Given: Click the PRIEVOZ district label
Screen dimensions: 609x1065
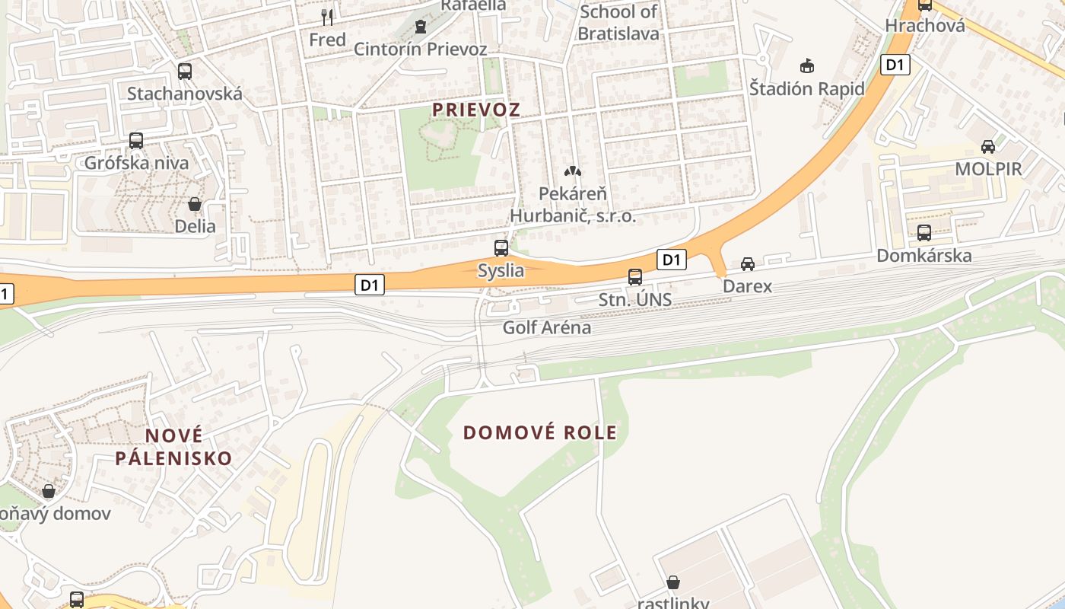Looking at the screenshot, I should pos(476,110).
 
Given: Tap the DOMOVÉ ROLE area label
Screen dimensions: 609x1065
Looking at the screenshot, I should pos(540,432).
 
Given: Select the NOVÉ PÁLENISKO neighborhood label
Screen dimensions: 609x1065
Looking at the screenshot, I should pos(174,447).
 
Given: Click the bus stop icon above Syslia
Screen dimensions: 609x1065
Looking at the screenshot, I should pos(501,247).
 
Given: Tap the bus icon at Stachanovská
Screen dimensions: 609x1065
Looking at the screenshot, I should pos(185,72).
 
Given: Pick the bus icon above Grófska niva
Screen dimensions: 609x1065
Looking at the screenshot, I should pos(136,141).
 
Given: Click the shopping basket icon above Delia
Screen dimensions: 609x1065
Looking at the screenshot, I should pos(195,204).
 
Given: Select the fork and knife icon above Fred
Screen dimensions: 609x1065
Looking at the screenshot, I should pos(327,17).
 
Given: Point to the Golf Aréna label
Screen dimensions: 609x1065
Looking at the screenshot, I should pos(547,328).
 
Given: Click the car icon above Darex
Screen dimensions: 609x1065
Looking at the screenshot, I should pos(748,264).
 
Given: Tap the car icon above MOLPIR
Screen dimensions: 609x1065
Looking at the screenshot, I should pos(988,146).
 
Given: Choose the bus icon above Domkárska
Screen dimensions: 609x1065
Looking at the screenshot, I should pos(924,233).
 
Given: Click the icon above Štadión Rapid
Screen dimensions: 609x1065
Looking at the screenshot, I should pos(807,66).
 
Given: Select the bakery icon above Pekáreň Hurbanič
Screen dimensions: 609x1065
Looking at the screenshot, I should pos(572,172).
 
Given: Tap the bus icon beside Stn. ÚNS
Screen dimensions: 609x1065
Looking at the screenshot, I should pos(635,277).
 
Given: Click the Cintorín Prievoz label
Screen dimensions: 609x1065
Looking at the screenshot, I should pos(421,49).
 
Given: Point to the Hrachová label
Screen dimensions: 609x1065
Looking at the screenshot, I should pos(925,26).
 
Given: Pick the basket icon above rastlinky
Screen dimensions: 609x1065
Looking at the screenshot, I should pos(673,583).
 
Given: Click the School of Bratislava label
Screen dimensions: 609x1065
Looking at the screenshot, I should pos(618,23).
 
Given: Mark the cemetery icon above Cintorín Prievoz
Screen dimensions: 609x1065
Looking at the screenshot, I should pos(421,27).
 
